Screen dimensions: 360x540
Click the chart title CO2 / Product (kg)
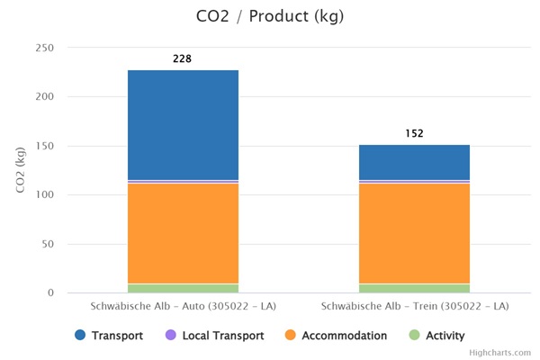[x=270, y=16]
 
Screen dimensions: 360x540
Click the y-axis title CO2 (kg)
[x=19, y=170]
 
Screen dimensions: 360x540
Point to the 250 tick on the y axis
[x=44, y=48]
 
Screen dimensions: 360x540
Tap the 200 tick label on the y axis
[x=44, y=97]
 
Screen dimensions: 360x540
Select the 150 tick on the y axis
[x=44, y=146]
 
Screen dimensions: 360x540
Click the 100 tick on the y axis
[x=44, y=195]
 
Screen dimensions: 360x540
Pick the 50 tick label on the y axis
[x=47, y=244]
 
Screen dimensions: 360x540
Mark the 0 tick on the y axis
[x=50, y=293]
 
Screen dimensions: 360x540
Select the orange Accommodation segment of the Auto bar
[x=183, y=233]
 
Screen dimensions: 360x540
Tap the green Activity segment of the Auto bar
[x=183, y=288]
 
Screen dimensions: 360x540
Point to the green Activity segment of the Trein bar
[x=414, y=288]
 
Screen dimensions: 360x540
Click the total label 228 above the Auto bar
[x=183, y=59]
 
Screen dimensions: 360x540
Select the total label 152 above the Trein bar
[x=414, y=133]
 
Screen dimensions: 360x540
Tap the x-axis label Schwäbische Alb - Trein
[x=414, y=306]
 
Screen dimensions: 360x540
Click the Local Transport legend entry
[x=215, y=336]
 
